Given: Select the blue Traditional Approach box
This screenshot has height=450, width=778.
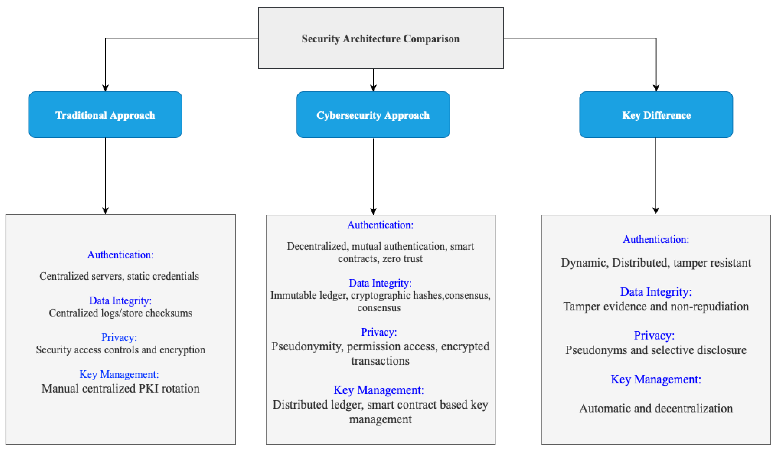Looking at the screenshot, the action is tap(105, 115).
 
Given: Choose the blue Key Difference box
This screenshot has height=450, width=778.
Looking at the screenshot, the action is tap(656, 115).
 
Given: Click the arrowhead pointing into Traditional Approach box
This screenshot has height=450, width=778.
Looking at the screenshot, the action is tap(105, 88).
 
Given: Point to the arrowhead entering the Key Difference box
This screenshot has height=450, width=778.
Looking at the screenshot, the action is tap(656, 88).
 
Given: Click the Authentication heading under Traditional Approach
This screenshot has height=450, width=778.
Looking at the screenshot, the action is tap(120, 255).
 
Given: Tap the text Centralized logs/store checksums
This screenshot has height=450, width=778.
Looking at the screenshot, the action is tap(120, 313).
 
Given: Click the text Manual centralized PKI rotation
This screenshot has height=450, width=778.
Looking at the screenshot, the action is tap(120, 388).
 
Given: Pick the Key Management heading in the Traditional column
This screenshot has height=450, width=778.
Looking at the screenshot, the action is tap(119, 374).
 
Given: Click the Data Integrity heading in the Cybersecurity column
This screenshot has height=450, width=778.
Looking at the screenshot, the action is tap(380, 283).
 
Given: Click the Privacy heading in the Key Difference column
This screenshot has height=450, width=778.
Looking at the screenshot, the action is tap(654, 335).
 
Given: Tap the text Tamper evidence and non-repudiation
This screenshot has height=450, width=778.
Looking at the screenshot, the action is tap(656, 306).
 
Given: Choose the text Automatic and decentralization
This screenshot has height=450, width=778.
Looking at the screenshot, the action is tap(656, 408).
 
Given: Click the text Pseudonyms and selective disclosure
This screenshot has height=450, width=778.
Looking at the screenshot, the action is tap(656, 350).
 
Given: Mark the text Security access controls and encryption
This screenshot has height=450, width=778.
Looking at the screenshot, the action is tap(120, 350).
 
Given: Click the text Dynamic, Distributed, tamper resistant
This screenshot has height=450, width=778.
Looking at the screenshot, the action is tap(656, 263).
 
